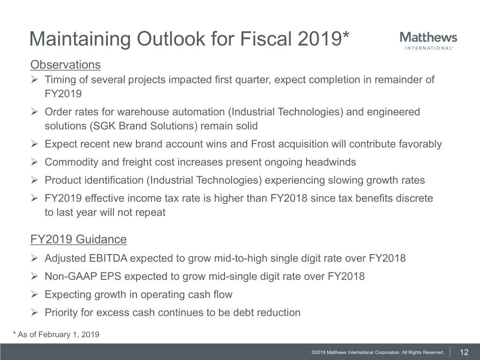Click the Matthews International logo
coord(428,41)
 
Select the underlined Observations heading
coord(65,64)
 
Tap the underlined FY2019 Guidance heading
coord(78,240)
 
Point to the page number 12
coord(465,352)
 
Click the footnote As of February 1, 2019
coord(56,334)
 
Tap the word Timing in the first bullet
coord(59,80)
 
